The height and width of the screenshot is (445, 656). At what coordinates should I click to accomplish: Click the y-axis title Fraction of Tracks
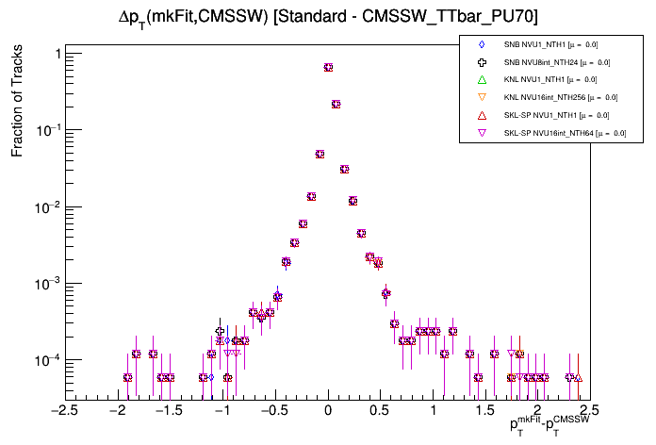click(x=17, y=104)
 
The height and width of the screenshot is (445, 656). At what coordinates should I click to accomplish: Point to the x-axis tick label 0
click(x=328, y=410)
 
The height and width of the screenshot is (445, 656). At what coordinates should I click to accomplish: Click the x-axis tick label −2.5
click(x=63, y=410)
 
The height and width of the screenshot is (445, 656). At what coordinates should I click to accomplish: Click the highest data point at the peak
click(x=328, y=67)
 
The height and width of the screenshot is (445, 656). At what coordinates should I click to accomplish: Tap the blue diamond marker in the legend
click(x=482, y=44)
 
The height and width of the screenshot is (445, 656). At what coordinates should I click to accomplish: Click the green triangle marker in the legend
click(x=482, y=80)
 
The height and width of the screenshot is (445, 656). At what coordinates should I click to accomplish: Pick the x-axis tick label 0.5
click(x=380, y=410)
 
